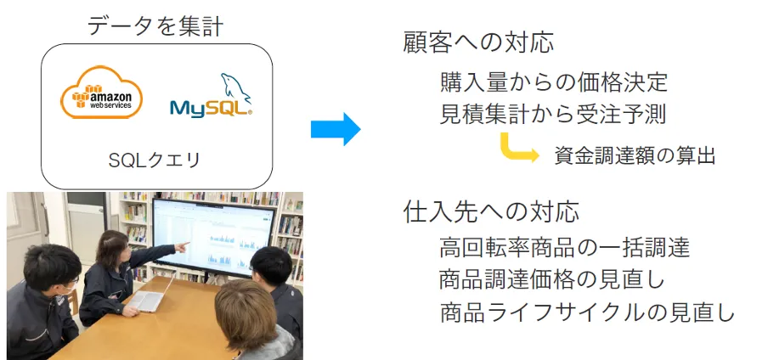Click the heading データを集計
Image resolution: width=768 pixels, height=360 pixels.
tap(155, 25)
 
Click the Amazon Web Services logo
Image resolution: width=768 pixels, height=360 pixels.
tap(101, 95)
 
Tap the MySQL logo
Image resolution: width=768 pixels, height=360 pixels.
tap(210, 98)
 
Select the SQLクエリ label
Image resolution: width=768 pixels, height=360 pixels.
tap(155, 160)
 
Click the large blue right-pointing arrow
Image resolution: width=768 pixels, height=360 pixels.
tap(336, 129)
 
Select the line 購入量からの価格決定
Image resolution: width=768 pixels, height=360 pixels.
tap(554, 82)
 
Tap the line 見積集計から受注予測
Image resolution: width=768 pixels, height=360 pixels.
tap(554, 113)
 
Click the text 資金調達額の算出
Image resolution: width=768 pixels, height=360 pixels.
tap(635, 155)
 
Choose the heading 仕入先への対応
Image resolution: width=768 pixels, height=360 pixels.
tap(491, 211)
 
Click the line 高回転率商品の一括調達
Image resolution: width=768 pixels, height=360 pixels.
tap(565, 248)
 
